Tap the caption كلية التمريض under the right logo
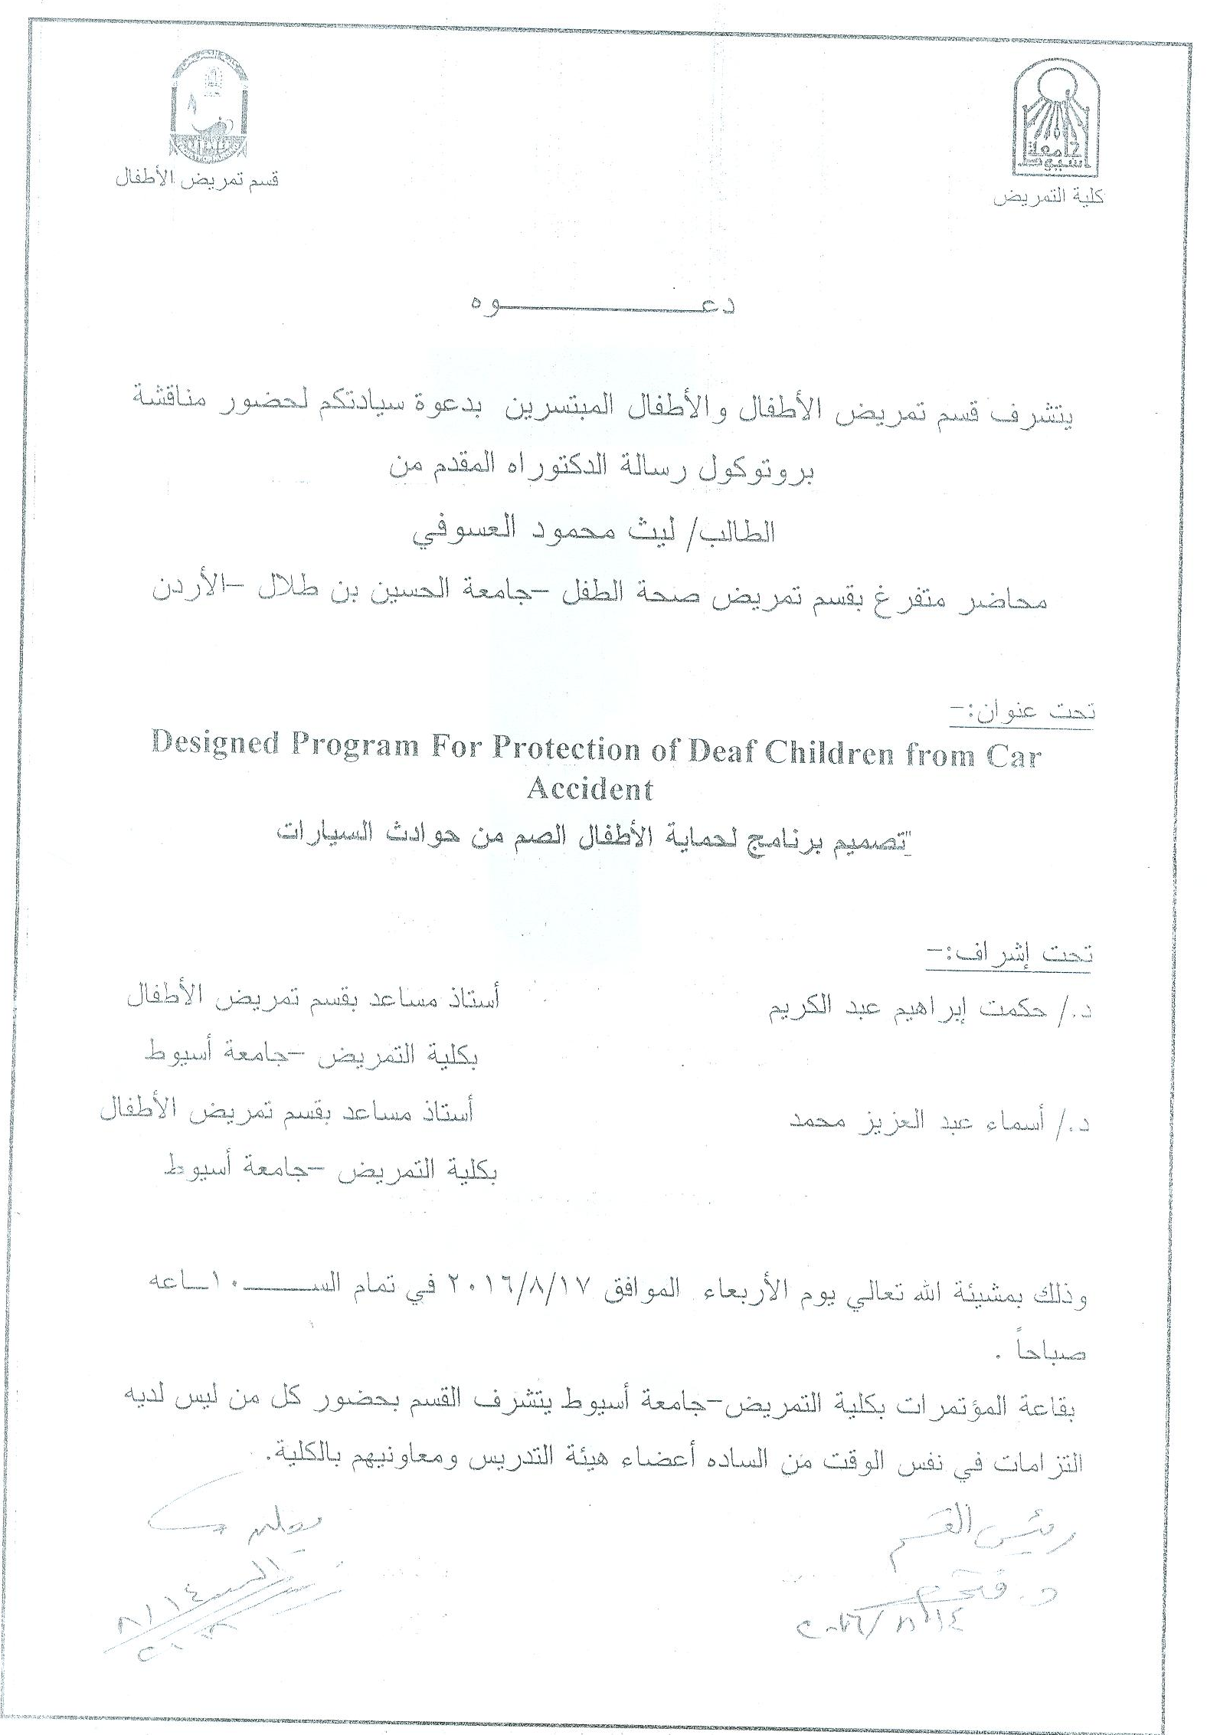1048,198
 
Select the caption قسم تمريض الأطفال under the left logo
196,182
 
